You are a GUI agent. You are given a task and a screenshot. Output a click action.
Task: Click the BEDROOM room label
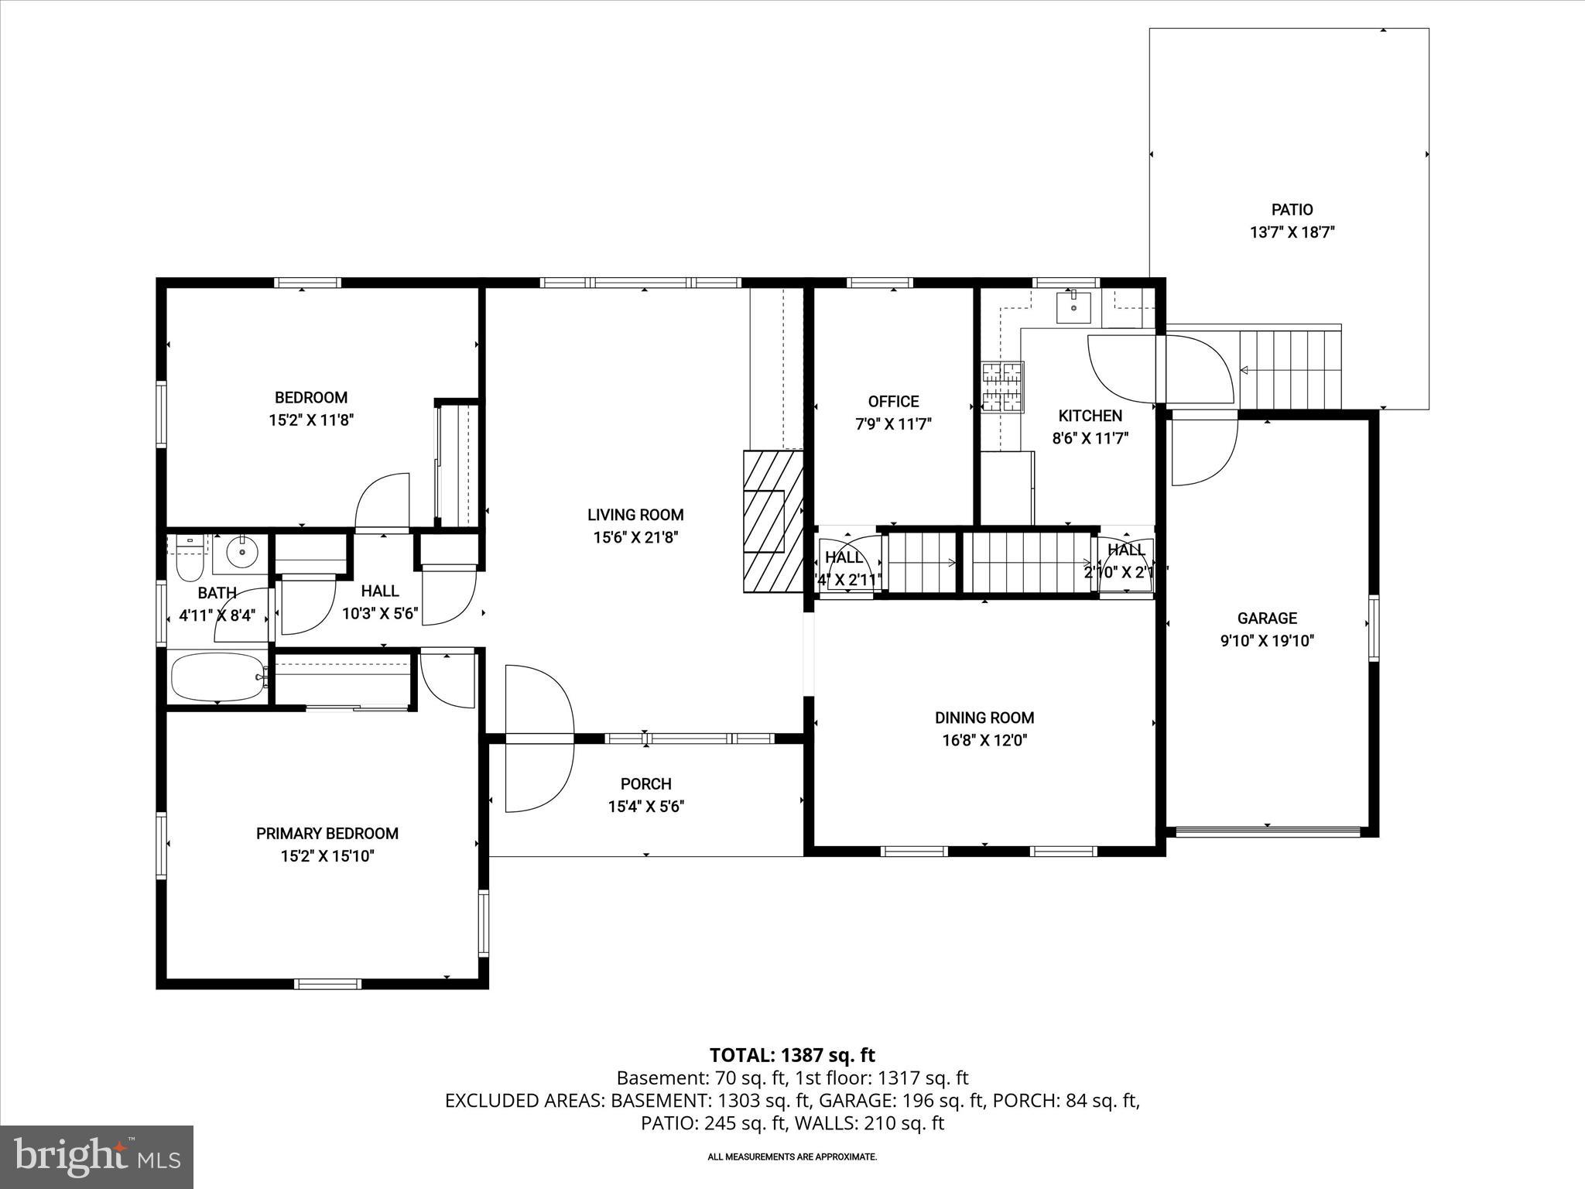pyautogui.click(x=311, y=398)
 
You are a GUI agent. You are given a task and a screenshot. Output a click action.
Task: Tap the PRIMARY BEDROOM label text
pyautogui.click(x=327, y=834)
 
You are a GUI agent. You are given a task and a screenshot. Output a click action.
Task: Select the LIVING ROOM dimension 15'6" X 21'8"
pyautogui.click(x=635, y=537)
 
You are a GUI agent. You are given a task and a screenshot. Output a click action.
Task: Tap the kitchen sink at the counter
pyautogui.click(x=1073, y=307)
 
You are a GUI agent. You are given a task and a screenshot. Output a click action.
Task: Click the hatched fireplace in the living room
pyautogui.click(x=773, y=522)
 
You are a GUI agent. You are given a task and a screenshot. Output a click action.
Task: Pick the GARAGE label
pyautogui.click(x=1267, y=618)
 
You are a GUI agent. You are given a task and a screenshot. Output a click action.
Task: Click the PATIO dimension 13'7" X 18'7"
pyautogui.click(x=1292, y=231)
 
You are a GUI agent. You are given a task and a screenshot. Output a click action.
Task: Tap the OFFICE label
pyautogui.click(x=893, y=401)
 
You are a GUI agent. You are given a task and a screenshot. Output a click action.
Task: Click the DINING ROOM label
pyautogui.click(x=984, y=718)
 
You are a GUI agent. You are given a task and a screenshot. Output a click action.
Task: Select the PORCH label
pyautogui.click(x=645, y=784)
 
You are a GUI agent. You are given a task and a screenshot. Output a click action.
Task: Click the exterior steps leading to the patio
pyautogui.click(x=1290, y=370)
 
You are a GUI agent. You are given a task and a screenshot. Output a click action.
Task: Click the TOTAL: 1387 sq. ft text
pyautogui.click(x=792, y=1055)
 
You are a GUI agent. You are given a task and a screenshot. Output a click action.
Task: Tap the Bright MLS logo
pyautogui.click(x=96, y=1156)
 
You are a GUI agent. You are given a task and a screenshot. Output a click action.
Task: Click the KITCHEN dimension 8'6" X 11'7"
pyautogui.click(x=1090, y=438)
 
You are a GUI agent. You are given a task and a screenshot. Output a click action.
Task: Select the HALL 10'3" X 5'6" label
pyautogui.click(x=380, y=591)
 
